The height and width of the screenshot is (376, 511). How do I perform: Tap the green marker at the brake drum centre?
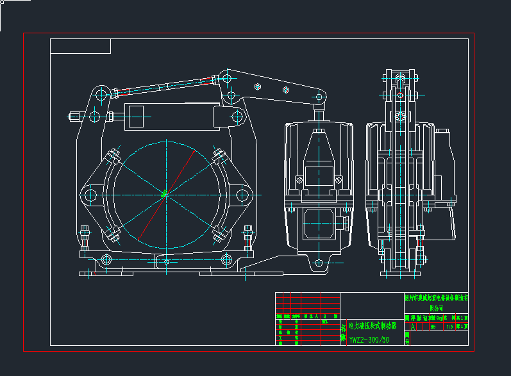[x=163, y=193]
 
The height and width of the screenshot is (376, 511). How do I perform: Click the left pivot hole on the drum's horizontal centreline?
[x=88, y=194]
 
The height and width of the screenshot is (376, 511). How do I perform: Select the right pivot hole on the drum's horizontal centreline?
[x=242, y=194]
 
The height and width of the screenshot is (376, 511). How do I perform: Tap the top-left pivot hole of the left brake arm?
[x=101, y=95]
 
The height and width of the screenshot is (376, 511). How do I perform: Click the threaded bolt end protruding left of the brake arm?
[x=74, y=117]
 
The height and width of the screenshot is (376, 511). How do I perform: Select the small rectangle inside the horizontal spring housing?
[x=136, y=117]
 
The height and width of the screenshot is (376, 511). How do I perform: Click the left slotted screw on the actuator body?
[x=299, y=180]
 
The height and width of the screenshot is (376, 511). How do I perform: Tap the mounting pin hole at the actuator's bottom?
[x=319, y=262]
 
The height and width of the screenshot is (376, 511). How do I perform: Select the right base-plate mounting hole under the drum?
[x=226, y=260]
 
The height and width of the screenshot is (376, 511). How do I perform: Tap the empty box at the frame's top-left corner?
[x=80, y=46]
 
